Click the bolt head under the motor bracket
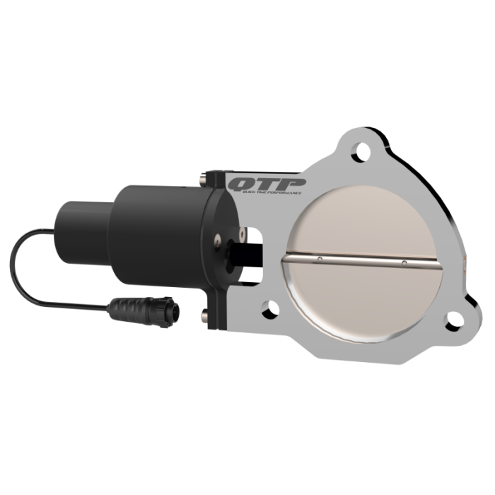(x=205, y=312)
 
